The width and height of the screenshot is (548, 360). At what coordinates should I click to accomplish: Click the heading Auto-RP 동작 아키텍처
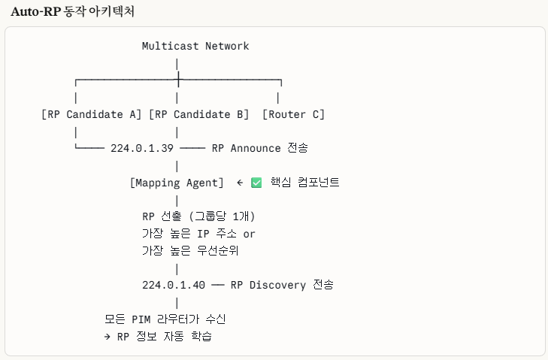[x=73, y=12]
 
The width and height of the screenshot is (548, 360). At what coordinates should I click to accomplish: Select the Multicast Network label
[x=195, y=46]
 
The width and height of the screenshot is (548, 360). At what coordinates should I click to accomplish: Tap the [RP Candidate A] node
[x=91, y=114]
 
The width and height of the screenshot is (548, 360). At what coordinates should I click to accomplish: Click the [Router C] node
[x=293, y=114]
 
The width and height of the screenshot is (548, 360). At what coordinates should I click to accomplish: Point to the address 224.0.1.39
[x=141, y=148]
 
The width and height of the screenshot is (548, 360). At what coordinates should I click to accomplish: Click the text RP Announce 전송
[x=259, y=148]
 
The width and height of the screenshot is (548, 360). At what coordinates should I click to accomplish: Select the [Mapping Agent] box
[x=177, y=183]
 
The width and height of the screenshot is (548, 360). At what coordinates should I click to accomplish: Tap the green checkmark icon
[x=256, y=183]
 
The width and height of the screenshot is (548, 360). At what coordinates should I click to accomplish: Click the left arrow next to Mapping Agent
[x=239, y=183]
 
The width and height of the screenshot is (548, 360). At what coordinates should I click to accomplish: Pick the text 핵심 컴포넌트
[x=304, y=183]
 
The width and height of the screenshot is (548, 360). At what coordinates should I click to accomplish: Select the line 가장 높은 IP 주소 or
[x=198, y=234]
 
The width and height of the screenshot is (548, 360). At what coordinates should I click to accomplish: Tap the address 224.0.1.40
[x=173, y=285]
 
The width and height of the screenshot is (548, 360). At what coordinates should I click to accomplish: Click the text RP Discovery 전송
[x=282, y=285]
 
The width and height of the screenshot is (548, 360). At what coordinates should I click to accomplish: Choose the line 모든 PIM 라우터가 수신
[x=165, y=319]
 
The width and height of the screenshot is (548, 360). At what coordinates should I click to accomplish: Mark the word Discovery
[x=277, y=285]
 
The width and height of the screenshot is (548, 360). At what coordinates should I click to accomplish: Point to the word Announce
[x=256, y=148]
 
